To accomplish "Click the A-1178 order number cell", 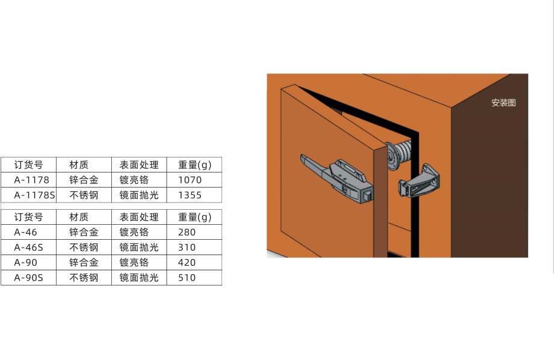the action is coord(31,180).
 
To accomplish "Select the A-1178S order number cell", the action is coord(35,195).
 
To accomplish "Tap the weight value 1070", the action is coord(189,180).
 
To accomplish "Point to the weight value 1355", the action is coord(189,195).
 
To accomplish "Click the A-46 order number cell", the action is coord(25,232).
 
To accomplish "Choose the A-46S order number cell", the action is coord(29,248).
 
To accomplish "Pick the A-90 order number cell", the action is coord(25,263).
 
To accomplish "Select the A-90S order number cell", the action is coord(29,278).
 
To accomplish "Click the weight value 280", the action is coord(187,232).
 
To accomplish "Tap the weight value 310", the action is coord(187,248).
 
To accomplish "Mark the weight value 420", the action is coord(187,263).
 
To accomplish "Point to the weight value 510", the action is coord(187,278).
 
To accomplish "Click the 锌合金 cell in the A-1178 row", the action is coord(84,180).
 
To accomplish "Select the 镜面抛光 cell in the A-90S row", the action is coord(139,278).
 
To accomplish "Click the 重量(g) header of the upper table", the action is coord(195,165).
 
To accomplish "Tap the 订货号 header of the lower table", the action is coord(29,217).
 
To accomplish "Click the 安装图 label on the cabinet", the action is coord(503,103).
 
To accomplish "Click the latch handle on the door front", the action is coord(337,178).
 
